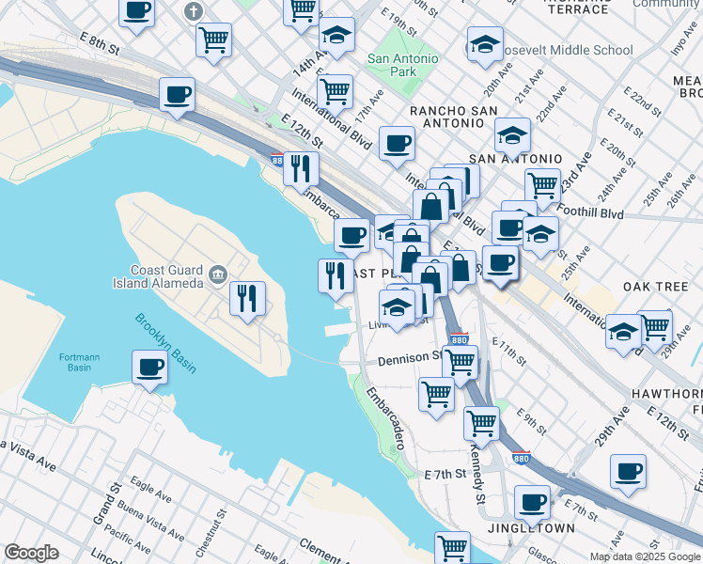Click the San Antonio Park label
point(403,65)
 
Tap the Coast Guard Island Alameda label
point(167,276)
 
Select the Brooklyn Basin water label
point(164,343)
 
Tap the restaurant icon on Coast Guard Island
point(247,298)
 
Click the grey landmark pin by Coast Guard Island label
point(218,275)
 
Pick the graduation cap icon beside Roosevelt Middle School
point(484,44)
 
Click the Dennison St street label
point(409,358)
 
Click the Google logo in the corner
point(31,552)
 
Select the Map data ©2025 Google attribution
point(644,556)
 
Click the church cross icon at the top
point(195,12)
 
